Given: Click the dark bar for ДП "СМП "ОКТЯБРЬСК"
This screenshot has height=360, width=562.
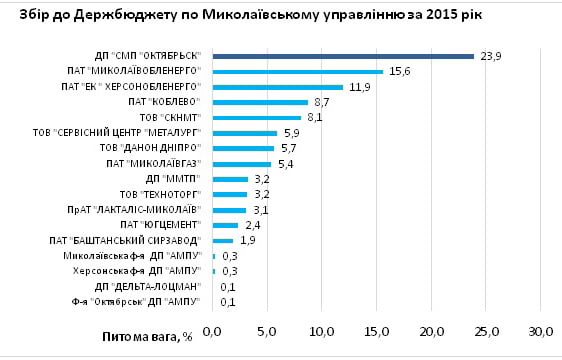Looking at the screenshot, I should click(343, 56).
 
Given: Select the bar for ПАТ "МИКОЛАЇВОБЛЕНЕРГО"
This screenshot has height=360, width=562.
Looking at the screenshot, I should click(298, 71).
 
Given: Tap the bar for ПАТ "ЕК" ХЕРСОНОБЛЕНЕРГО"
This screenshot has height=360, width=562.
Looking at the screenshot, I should click(278, 87).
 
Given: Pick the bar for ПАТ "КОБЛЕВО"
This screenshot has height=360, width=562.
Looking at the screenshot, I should click(260, 102).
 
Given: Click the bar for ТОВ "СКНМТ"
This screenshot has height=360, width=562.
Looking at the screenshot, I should click(257, 117).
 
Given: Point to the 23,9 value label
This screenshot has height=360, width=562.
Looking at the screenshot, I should click(491, 57).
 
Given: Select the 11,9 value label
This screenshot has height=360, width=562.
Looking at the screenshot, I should click(360, 88).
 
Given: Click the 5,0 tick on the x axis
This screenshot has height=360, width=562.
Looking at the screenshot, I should click(267, 331).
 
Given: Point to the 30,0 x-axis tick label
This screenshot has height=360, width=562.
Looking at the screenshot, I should click(541, 331).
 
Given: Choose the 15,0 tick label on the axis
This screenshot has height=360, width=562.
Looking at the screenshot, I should click(377, 331).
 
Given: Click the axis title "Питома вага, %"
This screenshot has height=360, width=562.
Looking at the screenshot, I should click(148, 337).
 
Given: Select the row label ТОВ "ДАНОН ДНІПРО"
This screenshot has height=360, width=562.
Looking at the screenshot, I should click(153, 148).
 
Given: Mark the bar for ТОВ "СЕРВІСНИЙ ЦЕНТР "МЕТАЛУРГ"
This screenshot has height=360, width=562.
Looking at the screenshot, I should click(245, 133).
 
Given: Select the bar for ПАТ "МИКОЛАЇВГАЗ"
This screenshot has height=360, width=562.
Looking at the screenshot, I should click(242, 164).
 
